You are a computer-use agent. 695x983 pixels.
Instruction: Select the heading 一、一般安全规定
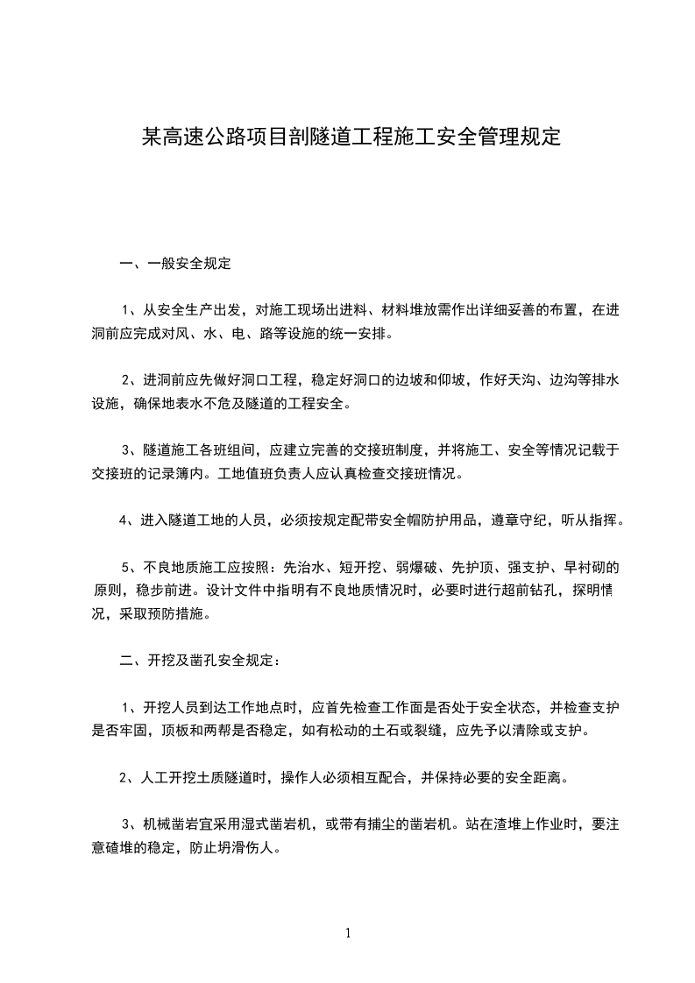[175, 262]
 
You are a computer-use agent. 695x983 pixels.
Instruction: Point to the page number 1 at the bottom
[348, 933]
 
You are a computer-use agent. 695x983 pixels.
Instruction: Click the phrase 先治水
[303, 568]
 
